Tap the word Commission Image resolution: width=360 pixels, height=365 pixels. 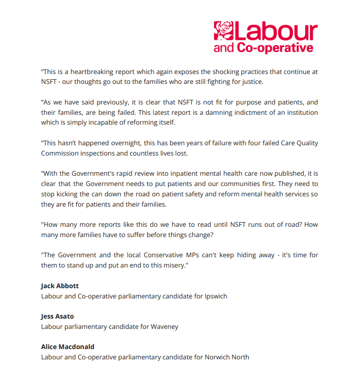point(61,153)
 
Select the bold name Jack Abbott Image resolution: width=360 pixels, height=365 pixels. point(60,286)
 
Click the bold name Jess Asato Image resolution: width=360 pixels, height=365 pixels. point(57,316)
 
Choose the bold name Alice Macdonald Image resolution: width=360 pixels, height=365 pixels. point(67,347)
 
